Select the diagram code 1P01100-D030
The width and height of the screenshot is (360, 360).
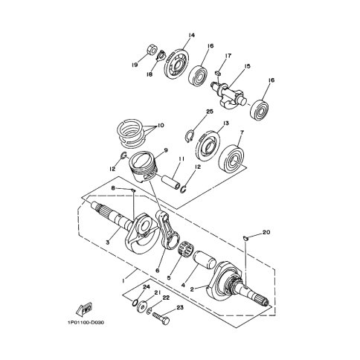click(85, 323)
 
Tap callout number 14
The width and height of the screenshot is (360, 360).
click(191, 35)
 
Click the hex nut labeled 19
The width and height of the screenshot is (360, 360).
click(151, 49)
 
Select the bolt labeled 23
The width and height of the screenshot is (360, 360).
click(161, 319)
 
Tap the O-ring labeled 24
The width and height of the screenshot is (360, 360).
click(135, 303)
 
